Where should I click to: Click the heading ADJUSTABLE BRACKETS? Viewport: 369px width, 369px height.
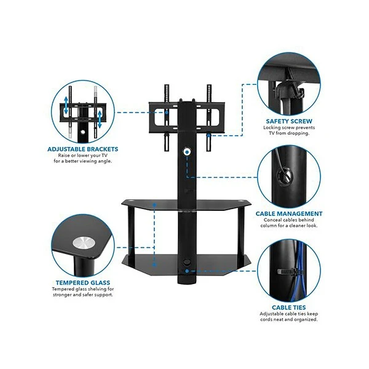[82, 149]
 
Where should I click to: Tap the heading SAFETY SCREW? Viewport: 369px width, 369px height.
[289, 121]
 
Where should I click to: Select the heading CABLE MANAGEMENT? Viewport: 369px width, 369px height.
[289, 213]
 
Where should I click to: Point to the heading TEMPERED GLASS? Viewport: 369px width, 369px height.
[82, 284]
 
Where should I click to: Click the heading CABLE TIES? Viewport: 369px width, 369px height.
[289, 307]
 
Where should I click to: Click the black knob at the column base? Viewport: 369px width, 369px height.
[186, 266]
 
